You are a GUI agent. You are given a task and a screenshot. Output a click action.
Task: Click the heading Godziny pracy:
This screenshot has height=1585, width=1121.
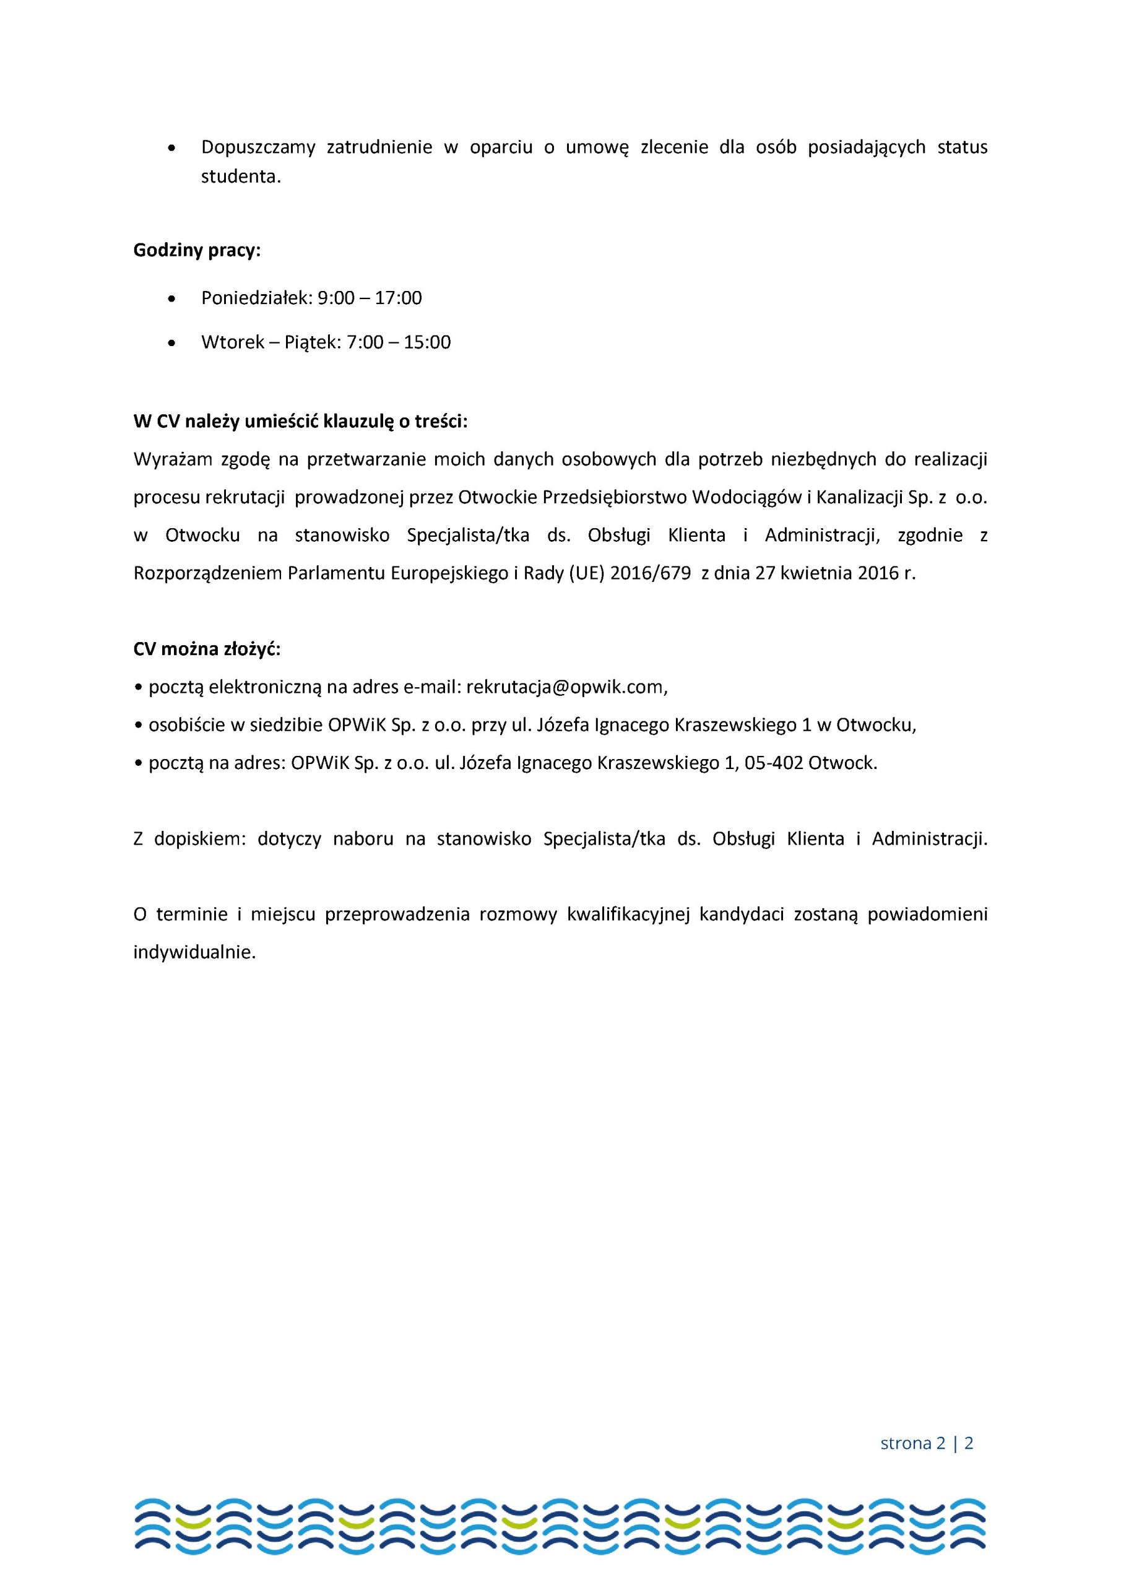[x=197, y=251]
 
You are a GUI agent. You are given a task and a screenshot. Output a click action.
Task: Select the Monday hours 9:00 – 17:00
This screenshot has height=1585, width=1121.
[x=370, y=298]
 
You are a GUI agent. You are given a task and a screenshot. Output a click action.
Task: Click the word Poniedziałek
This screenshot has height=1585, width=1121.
[x=256, y=298]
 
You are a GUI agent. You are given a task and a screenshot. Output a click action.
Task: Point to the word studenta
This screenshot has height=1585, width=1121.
[x=241, y=176]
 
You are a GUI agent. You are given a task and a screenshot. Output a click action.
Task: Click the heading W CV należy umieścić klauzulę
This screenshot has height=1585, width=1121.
[x=300, y=421]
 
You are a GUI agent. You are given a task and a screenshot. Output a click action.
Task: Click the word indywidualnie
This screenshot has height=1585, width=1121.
[x=194, y=953]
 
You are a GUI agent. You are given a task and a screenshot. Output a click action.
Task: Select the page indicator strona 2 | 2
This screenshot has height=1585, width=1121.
[x=927, y=1443]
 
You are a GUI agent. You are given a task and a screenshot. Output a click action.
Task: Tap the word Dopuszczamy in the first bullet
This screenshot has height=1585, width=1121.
[x=258, y=147]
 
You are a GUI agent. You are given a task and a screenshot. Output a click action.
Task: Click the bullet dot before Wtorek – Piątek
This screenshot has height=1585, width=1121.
[x=172, y=343]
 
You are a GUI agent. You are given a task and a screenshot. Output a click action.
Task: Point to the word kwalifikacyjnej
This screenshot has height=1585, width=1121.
[x=628, y=914]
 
